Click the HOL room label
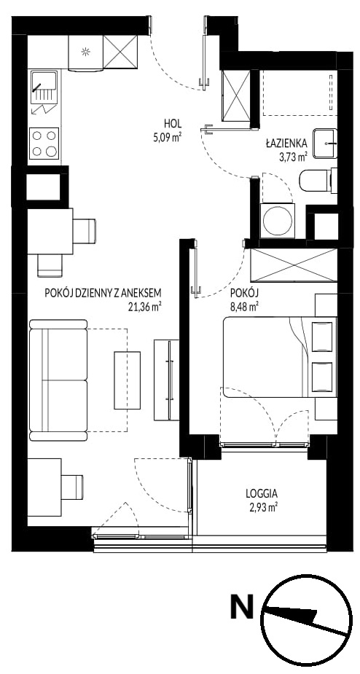pos(173,124)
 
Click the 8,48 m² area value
pos(244,307)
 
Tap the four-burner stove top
pos(44,143)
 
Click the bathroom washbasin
pos(325,143)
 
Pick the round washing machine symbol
pos(278,221)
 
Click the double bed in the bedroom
pos(280,357)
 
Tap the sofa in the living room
pos(58,380)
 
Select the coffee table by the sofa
pos(127,380)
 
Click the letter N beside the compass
pos(242,606)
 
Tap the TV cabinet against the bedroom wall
pos(166,380)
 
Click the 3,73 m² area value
pos(293,156)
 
